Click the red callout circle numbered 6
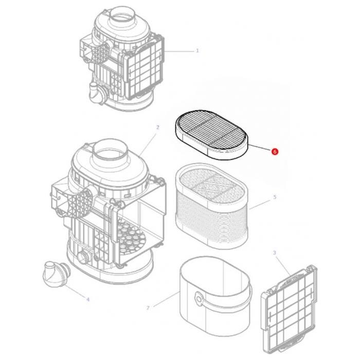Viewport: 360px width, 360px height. [x=275, y=152]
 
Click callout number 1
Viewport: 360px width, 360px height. [x=197, y=51]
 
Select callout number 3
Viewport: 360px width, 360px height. [x=274, y=253]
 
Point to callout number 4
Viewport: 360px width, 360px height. [x=87, y=299]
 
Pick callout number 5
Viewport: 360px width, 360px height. [x=275, y=197]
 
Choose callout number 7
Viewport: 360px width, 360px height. [x=148, y=308]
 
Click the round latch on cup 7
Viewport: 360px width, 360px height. [x=198, y=298]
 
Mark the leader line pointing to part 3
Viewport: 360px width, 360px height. [x=281, y=263]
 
